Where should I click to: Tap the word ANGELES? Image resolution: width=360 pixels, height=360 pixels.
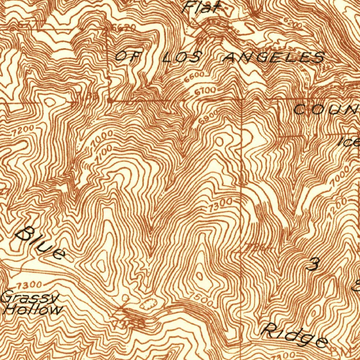click(x=274, y=57)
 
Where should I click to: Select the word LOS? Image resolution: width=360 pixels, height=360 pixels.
click(x=182, y=57)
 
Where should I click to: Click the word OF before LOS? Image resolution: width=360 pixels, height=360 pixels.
click(x=126, y=56)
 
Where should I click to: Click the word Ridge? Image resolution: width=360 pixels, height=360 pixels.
click(x=295, y=336)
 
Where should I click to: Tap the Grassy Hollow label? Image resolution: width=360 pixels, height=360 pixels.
click(x=31, y=304)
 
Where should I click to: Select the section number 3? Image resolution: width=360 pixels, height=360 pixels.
click(x=312, y=264)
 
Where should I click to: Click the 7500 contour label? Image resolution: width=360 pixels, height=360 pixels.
click(x=201, y=298)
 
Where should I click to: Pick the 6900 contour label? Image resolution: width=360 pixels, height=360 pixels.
click(x=208, y=116)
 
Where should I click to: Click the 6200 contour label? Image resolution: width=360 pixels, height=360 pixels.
click(x=291, y=25)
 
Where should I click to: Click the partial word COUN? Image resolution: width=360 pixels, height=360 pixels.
click(x=325, y=110)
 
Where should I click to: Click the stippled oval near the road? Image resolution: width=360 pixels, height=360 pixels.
click(x=149, y=303)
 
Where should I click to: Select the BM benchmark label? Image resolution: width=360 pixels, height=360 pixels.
click(x=340, y=351)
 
